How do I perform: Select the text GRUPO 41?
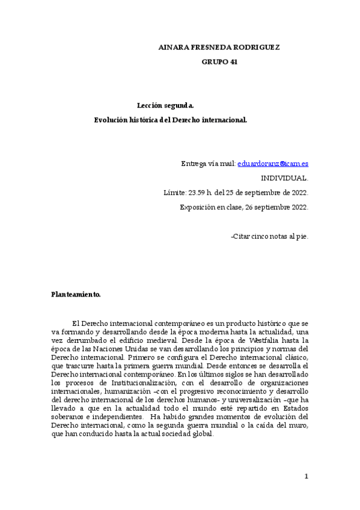(219, 62)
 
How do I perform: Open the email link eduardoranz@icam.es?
(273, 164)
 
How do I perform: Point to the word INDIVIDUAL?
(284, 178)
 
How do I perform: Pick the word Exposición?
(197, 207)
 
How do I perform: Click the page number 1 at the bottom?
(306, 477)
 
